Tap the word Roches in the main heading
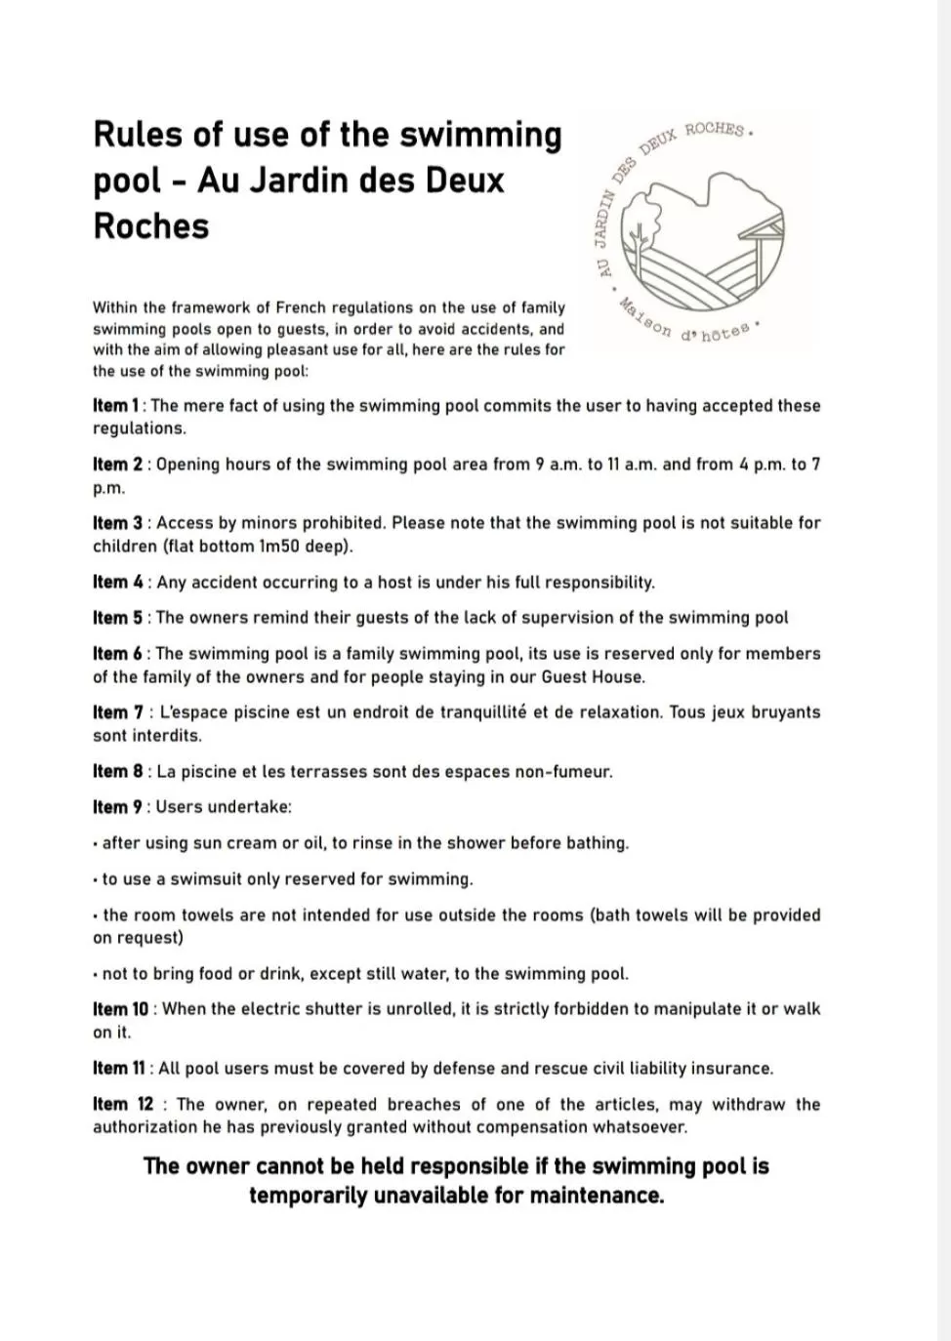tap(150, 225)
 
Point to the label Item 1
tap(115, 406)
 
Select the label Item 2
tap(117, 465)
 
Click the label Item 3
tap(117, 523)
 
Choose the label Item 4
tap(117, 583)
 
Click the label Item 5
tap(117, 618)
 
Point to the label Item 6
tap(117, 654)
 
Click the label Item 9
tap(117, 807)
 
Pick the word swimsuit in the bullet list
tap(206, 879)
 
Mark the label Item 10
tap(121, 1009)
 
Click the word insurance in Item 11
tap(730, 1069)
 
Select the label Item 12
tap(123, 1105)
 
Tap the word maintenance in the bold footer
tap(597, 1196)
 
